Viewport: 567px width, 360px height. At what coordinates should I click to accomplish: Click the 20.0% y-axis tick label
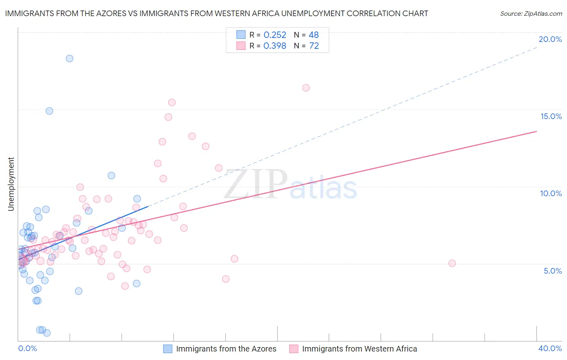tap(550, 39)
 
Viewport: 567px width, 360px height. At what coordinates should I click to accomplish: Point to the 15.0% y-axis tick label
tap(551, 116)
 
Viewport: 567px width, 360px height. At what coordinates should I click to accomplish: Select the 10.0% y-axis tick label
tap(551, 193)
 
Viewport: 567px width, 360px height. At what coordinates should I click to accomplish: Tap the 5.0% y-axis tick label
tap(552, 271)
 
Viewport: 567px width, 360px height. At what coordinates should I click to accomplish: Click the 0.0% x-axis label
tap(27, 348)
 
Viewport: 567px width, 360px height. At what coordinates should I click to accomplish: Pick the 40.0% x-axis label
tap(550, 348)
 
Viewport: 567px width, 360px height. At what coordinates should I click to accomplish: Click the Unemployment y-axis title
tap(11, 184)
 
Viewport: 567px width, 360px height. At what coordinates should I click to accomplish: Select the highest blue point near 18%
tap(69, 59)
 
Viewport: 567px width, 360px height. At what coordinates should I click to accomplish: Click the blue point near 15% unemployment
tap(49, 111)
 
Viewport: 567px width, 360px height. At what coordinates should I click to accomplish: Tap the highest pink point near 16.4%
tap(306, 88)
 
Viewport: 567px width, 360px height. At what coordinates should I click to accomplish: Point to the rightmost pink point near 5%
tap(452, 264)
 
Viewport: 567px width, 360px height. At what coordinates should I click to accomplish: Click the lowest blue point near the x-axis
tap(47, 333)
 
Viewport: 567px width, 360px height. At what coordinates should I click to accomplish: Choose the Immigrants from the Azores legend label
tap(226, 349)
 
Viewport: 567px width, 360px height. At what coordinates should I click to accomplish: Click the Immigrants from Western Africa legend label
tap(359, 349)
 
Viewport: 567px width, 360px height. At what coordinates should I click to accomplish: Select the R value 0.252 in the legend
tap(275, 35)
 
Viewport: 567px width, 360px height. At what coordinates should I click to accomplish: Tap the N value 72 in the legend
tap(314, 46)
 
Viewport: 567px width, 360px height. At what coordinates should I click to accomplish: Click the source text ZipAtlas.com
tap(531, 14)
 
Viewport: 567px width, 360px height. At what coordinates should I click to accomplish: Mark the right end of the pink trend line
tap(537, 131)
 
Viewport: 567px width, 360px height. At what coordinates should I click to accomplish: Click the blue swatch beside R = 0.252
tap(241, 35)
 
